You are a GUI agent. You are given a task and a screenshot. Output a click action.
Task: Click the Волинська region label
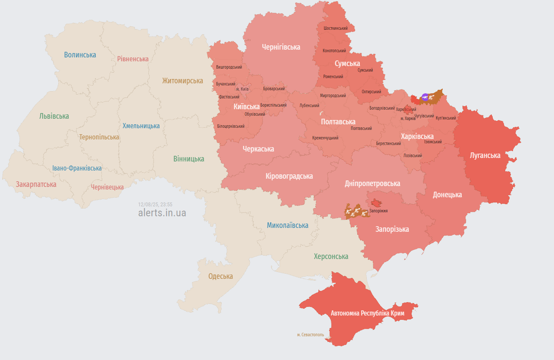[x=80, y=55]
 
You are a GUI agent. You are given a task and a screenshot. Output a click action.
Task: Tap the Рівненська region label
[x=133, y=59]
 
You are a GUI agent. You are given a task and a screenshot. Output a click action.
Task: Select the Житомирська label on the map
[x=183, y=81]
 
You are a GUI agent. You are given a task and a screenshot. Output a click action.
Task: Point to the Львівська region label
[x=54, y=116]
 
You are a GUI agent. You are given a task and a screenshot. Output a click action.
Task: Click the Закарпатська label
[x=36, y=184]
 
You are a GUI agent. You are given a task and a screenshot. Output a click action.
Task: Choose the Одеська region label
[x=220, y=276]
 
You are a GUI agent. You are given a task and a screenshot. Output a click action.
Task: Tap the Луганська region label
[x=485, y=155]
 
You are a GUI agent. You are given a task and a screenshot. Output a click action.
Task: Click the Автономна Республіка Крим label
[x=368, y=313]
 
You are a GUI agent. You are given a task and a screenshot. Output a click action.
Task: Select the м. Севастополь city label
[x=310, y=335]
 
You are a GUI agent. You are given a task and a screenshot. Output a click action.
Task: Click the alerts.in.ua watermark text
[x=162, y=213]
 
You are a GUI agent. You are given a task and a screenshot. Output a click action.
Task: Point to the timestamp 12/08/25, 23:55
[x=155, y=204]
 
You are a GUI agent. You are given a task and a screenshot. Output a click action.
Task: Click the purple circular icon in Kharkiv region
[x=425, y=97]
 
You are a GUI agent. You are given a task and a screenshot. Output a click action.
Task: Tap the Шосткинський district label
[x=336, y=28]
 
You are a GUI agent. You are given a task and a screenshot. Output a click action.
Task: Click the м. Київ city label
[x=242, y=89]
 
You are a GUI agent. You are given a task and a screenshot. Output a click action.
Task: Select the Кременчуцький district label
[x=325, y=138]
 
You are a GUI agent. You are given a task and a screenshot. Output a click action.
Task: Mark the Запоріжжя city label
[x=378, y=211]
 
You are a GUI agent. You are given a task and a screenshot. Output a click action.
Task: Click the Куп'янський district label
[x=446, y=118]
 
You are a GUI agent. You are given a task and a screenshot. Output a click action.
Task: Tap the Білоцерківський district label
[x=231, y=126]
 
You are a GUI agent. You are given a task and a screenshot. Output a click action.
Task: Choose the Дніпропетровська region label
[x=372, y=183]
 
